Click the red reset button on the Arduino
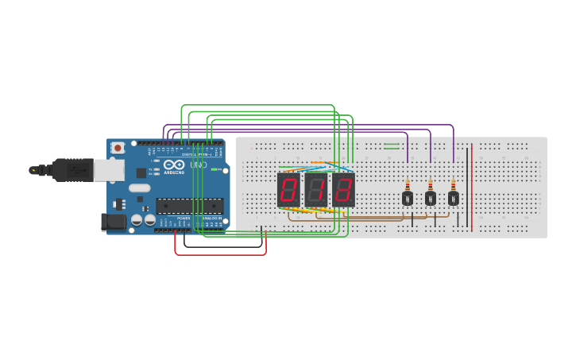point(118,147)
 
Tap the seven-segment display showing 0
point(288,189)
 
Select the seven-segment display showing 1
point(316,189)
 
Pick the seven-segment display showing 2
point(343,189)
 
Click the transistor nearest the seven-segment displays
point(408,198)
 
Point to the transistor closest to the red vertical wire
point(454,198)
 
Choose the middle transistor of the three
point(431,198)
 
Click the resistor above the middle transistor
point(431,184)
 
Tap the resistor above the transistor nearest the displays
point(408,184)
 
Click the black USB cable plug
point(72,169)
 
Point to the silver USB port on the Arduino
point(109,169)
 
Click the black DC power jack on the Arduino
point(114,223)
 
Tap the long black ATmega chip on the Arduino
point(189,206)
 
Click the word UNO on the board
point(198,165)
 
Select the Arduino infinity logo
point(174,165)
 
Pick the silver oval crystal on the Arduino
point(139,188)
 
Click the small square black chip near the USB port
point(141,172)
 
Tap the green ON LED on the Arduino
point(213,169)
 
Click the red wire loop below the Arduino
point(220,254)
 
